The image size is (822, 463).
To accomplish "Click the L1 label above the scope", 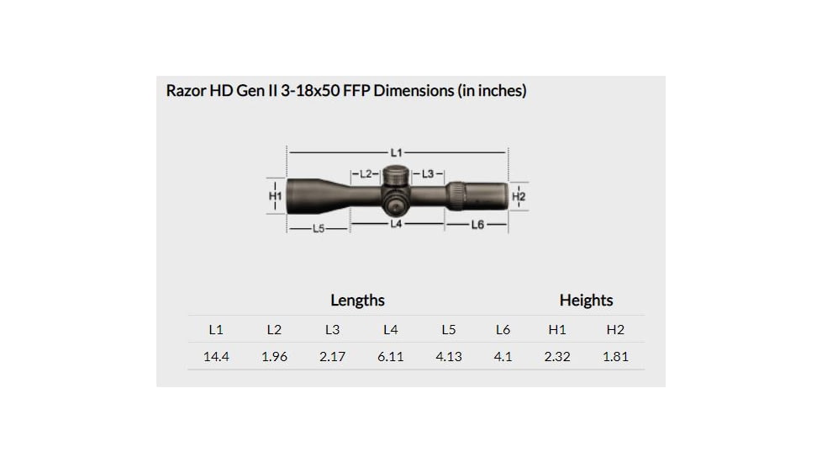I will (x=396, y=152).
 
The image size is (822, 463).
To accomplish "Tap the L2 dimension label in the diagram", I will (x=365, y=174).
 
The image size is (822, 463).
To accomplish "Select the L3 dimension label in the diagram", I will (x=428, y=174).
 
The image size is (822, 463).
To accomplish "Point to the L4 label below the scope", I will (x=396, y=225).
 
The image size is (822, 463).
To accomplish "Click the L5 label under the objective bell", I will (x=319, y=229).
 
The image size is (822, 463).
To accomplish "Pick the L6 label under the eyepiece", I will (x=477, y=225).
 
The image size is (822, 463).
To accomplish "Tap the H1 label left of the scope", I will (x=274, y=195).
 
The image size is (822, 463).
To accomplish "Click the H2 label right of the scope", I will (x=519, y=196).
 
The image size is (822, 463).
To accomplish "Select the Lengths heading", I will (x=357, y=301).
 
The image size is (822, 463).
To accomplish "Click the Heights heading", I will (x=586, y=301).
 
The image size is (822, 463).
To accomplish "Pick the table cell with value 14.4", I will (x=216, y=357).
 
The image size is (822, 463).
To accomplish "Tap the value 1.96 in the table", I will (x=274, y=357).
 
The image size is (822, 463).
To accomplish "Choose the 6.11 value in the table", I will (x=390, y=357).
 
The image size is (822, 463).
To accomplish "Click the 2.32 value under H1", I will (x=556, y=357).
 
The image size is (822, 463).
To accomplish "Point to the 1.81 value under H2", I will (x=615, y=357).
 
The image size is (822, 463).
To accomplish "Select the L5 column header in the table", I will (x=448, y=330).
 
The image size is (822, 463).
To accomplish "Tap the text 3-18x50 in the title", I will (x=308, y=91).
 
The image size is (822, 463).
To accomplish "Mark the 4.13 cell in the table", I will (x=448, y=357).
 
